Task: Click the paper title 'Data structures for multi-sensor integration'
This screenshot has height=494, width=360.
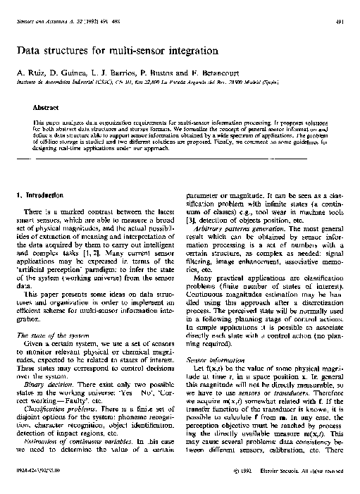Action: point(121,51)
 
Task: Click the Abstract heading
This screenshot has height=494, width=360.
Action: point(46,108)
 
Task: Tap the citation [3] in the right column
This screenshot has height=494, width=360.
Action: point(190,222)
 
